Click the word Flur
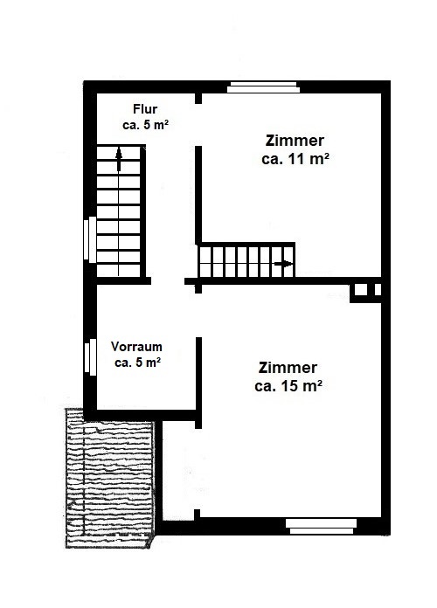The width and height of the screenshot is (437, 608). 145,109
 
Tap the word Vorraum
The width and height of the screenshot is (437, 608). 136,346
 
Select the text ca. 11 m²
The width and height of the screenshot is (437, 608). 295,159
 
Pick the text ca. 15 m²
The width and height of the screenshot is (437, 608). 288,386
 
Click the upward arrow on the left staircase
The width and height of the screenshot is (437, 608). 119,159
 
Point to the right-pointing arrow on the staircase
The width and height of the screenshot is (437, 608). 284,264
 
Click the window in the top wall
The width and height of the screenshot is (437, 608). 263,86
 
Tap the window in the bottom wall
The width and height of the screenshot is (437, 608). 322,527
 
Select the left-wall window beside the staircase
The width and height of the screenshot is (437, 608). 90,238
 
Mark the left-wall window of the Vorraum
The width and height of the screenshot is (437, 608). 90,356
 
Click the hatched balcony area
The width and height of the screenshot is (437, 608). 109,478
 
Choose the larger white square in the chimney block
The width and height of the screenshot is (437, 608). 361,290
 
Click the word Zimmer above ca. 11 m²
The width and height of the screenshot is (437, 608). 295,141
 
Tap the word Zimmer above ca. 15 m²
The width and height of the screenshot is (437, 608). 288,367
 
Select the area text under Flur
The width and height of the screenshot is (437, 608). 146,125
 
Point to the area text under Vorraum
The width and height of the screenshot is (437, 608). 138,363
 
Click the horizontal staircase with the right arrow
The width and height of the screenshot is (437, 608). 246,261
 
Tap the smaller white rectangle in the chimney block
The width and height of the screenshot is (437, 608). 378,290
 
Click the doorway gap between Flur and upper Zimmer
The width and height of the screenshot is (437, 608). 198,125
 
